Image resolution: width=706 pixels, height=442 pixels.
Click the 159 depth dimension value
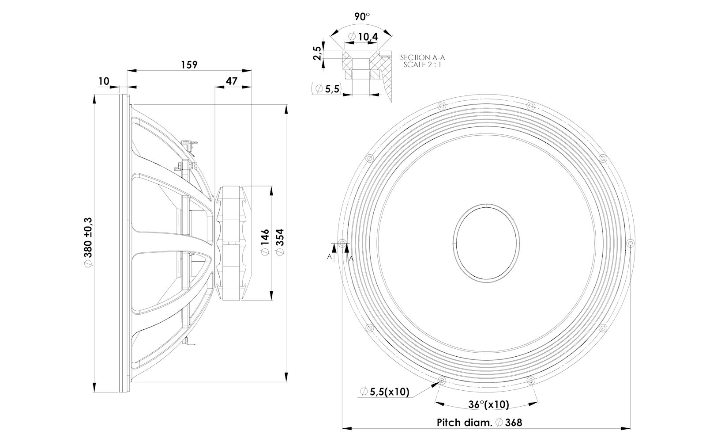[x=189, y=65]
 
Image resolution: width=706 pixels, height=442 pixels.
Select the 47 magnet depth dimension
[x=231, y=81]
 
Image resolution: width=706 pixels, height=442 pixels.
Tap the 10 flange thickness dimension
[x=104, y=81]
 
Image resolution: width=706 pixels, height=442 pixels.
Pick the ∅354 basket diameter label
[x=279, y=241]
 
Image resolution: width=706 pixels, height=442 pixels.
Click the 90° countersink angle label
[x=362, y=17]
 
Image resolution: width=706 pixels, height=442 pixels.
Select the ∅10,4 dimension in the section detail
[x=363, y=37]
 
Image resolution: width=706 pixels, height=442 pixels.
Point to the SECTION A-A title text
[x=422, y=57]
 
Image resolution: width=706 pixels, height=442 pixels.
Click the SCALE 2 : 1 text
[x=422, y=65]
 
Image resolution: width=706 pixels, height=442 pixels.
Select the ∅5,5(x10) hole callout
[x=385, y=392]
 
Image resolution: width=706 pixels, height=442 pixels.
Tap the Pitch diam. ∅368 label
[x=479, y=423]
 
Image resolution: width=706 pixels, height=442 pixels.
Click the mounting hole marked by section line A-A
[x=342, y=243]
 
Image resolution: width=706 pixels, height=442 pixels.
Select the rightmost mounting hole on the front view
[x=631, y=243]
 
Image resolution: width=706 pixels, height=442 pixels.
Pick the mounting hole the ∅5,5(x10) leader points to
[x=442, y=381]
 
